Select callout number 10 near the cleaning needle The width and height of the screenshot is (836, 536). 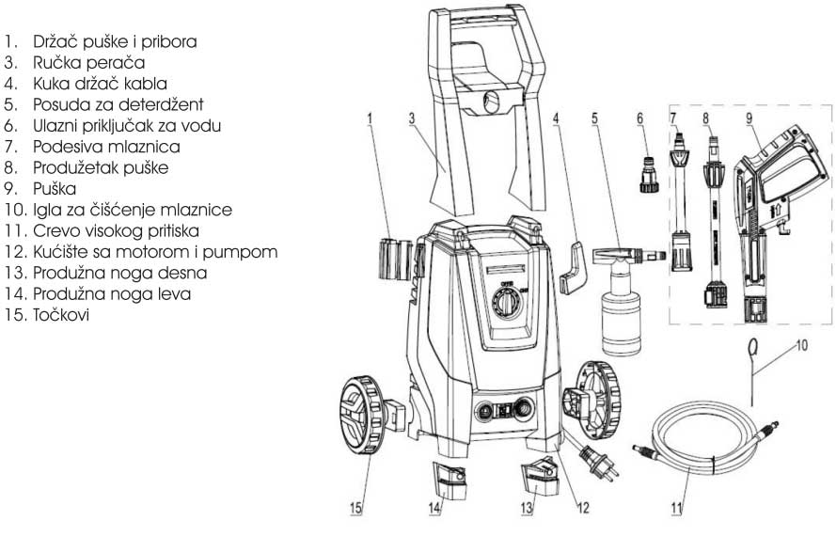point(799,345)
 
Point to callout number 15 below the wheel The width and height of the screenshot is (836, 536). point(356,508)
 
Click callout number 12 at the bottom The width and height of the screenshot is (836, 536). point(583,508)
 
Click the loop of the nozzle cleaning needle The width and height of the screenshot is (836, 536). point(755,349)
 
